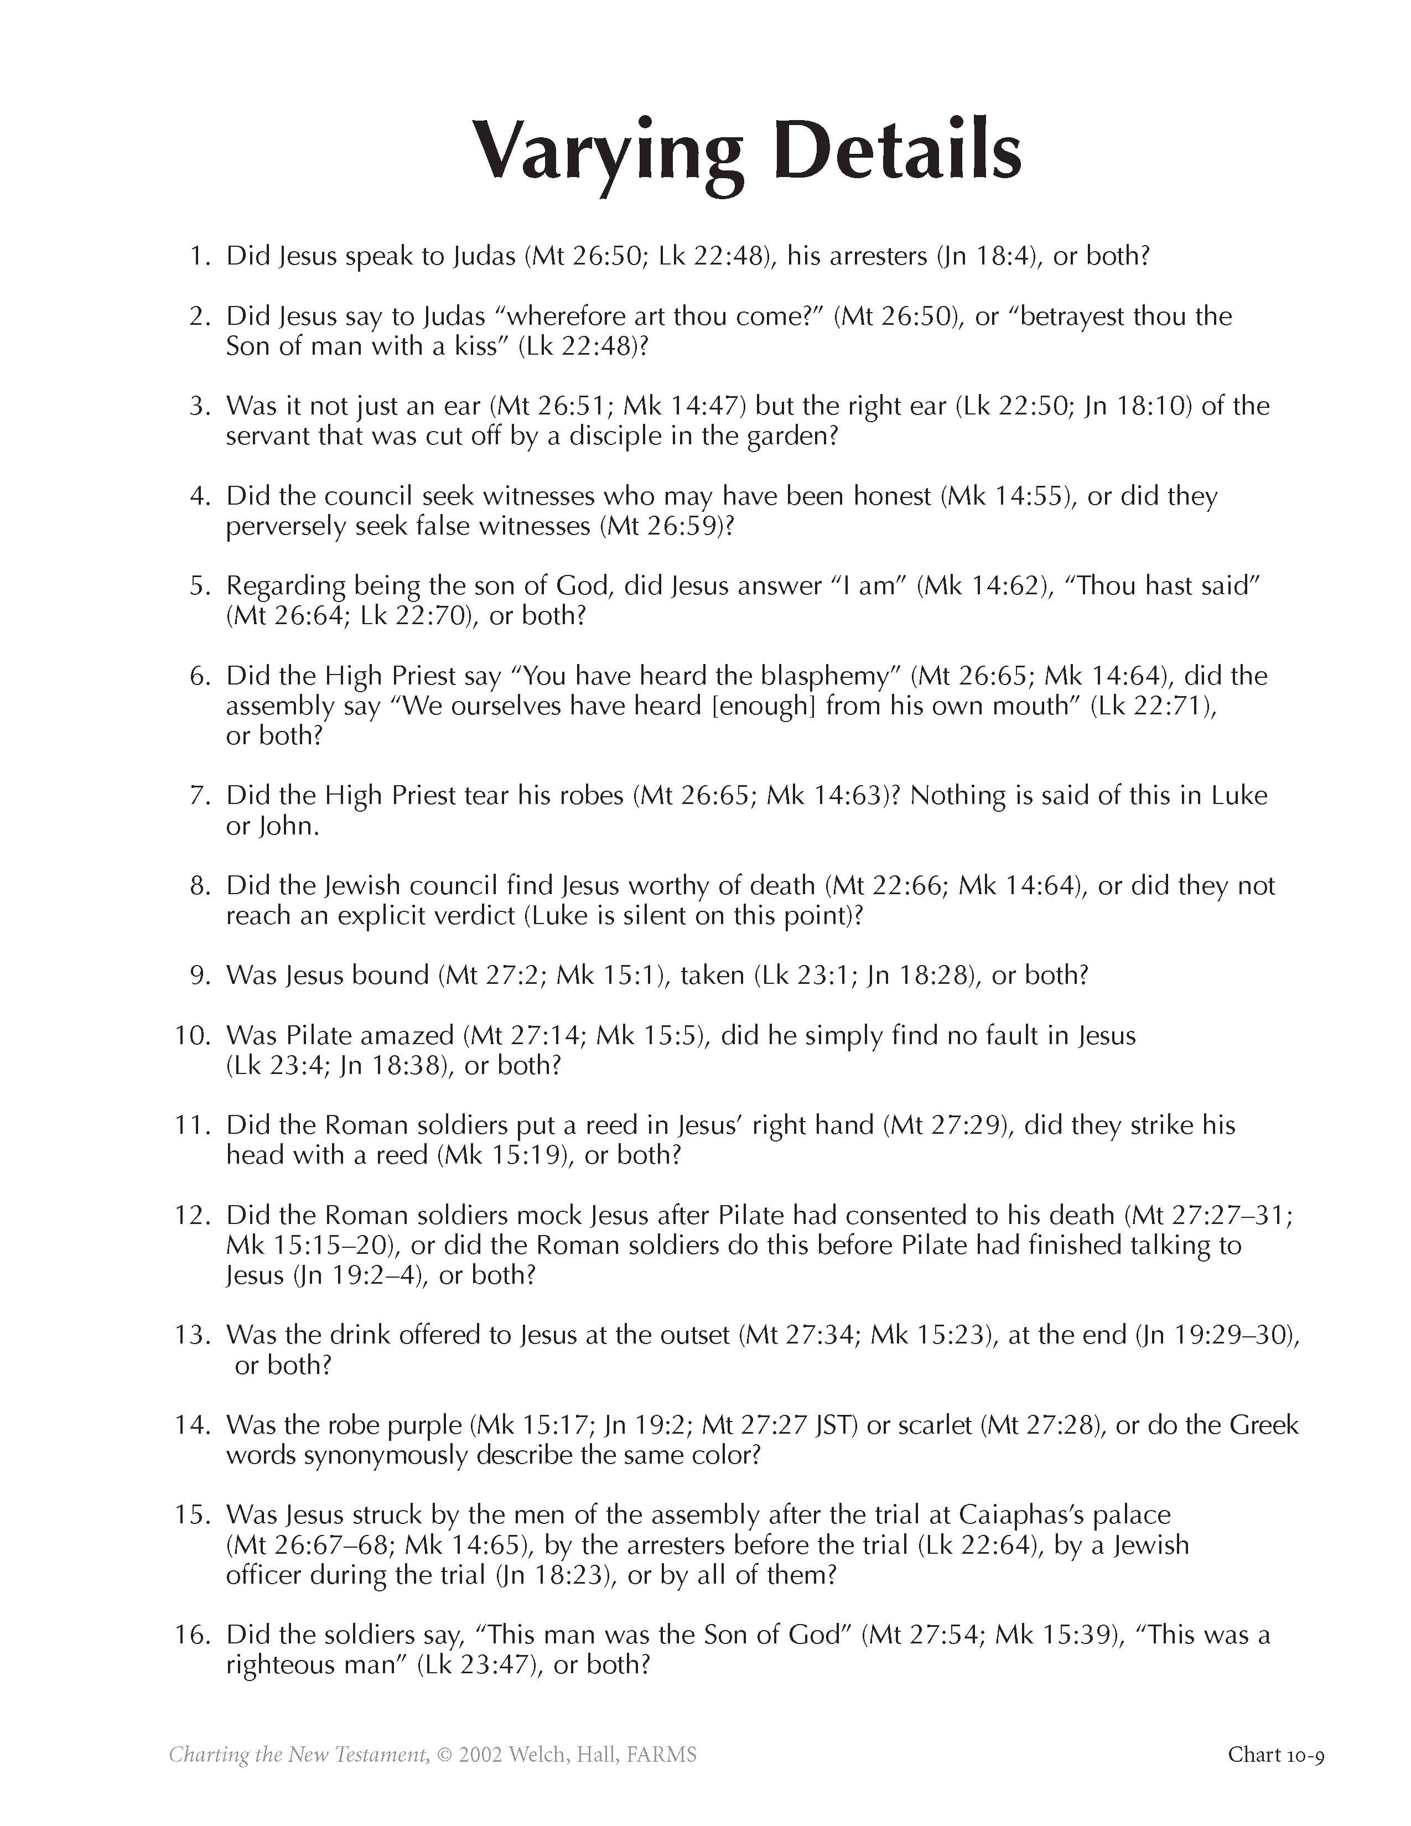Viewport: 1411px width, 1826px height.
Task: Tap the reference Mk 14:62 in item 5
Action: (x=982, y=586)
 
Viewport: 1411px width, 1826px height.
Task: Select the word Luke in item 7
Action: (x=1239, y=795)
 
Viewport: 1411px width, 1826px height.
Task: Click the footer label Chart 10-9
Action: (x=1275, y=1754)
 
